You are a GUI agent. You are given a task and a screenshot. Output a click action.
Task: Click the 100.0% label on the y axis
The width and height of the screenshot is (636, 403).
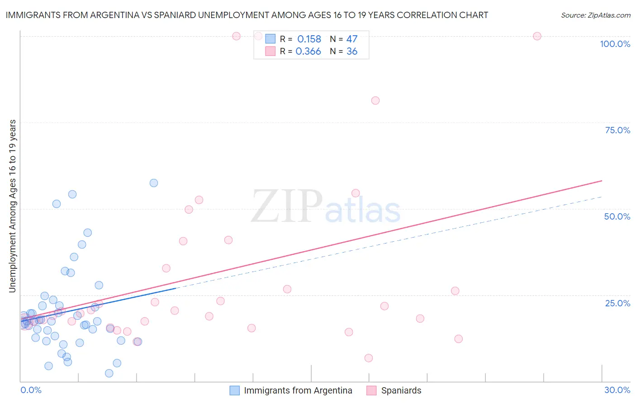click(615, 44)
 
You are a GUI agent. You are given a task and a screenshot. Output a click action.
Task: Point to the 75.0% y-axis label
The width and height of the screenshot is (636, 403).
click(617, 130)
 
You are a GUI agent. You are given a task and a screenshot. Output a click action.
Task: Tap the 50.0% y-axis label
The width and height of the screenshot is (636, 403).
click(617, 216)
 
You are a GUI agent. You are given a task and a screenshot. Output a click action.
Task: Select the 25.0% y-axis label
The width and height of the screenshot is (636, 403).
click(617, 303)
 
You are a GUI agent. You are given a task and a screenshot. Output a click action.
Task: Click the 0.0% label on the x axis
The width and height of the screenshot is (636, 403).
click(31, 390)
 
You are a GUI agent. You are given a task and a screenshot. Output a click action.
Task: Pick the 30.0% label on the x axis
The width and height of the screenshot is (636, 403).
click(617, 390)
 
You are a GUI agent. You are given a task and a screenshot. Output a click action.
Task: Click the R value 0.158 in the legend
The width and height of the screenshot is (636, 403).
click(309, 39)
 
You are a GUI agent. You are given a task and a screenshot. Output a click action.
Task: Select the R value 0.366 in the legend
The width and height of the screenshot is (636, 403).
click(308, 52)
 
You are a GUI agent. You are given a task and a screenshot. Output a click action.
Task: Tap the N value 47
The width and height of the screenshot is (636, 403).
click(352, 39)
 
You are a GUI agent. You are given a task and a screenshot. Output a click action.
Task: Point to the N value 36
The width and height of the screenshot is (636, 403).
click(352, 52)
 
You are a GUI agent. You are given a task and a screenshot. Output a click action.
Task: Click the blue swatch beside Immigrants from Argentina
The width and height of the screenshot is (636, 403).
click(234, 390)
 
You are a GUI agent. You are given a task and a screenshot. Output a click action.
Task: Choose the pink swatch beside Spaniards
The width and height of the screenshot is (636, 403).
click(371, 390)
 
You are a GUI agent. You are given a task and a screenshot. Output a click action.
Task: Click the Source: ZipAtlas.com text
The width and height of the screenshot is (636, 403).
click(595, 15)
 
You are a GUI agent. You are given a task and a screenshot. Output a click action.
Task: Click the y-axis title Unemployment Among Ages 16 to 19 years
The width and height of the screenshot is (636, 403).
click(12, 206)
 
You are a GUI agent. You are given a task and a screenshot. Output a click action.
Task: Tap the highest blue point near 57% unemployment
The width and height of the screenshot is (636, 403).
click(154, 183)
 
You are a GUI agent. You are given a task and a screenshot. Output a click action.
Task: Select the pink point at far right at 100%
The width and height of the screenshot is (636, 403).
click(537, 36)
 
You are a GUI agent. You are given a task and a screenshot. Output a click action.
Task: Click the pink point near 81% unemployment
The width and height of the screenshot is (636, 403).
click(375, 101)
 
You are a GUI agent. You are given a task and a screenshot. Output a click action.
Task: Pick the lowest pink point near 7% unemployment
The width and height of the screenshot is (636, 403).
click(369, 358)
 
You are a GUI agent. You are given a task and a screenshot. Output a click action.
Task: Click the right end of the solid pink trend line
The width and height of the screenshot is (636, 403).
click(602, 181)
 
